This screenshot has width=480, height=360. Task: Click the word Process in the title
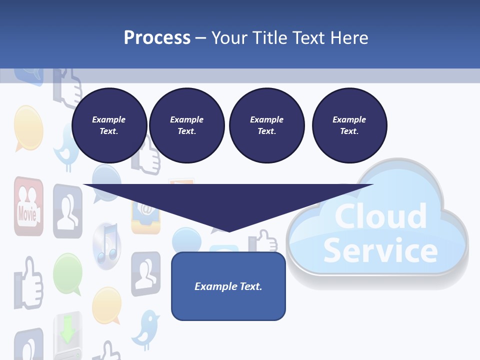pyautogui.click(x=157, y=37)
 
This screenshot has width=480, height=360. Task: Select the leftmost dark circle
pyautogui.click(x=109, y=125)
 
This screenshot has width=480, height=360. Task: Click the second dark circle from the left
pyautogui.click(x=186, y=125)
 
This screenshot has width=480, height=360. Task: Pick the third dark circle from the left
pyautogui.click(x=266, y=125)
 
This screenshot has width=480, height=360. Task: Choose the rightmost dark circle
pyautogui.click(x=349, y=125)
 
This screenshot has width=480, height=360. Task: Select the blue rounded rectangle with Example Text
pyautogui.click(x=228, y=286)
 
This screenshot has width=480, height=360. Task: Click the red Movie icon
pyautogui.click(x=28, y=206)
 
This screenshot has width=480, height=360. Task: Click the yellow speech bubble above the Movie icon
pyautogui.click(x=27, y=127)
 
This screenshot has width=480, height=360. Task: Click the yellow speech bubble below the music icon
pyautogui.click(x=106, y=305)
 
